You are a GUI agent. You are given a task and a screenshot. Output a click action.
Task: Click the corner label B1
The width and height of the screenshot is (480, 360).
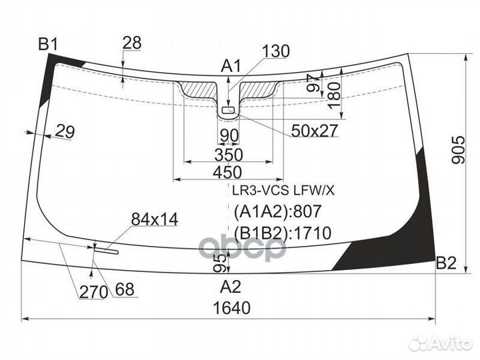tap(48, 45)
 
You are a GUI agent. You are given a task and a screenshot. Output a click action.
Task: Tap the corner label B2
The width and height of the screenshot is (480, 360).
tap(445, 264)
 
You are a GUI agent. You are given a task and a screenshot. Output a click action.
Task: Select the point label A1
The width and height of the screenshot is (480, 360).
tap(231, 65)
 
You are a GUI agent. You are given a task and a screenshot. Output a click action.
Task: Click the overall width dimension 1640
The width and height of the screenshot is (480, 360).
tap(232, 308)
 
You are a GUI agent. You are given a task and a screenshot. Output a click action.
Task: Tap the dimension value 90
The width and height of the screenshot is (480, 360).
tap(229, 136)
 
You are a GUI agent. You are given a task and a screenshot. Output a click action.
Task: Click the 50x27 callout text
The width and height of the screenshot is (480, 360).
tap(314, 130)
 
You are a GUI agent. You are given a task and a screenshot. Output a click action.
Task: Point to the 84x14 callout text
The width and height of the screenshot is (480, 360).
tap(154, 218)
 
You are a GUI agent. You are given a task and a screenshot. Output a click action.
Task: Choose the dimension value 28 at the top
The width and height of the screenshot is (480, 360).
tap(132, 43)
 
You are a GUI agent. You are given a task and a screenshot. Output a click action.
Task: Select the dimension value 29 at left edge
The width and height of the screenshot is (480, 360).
tap(65, 132)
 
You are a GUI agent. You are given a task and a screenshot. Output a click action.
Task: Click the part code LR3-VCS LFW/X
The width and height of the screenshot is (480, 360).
tap(283, 191)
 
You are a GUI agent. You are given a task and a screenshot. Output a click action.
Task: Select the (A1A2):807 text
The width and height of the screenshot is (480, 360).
tap(277, 211)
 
